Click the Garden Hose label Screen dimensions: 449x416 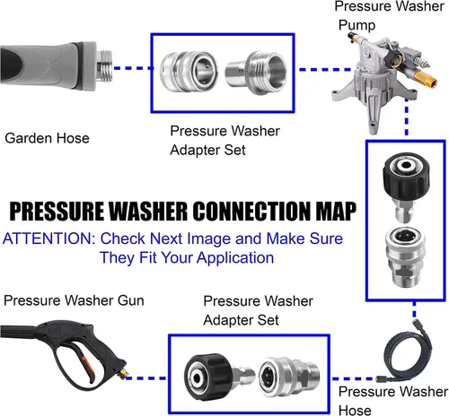[47, 138]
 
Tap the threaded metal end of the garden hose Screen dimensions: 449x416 [104, 67]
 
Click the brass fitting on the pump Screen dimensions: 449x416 [427, 81]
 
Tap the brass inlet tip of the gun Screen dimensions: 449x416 [123, 374]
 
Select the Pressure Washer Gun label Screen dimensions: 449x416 [74, 300]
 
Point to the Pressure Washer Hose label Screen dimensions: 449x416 [393, 401]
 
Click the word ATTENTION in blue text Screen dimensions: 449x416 [48, 238]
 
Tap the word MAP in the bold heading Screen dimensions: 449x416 [336, 212]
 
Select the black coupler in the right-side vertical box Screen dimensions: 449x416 [406, 186]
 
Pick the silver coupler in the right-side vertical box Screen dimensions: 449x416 [406, 257]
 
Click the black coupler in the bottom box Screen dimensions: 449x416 [219, 377]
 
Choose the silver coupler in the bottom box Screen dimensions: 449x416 [289, 377]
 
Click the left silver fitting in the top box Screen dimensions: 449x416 [189, 73]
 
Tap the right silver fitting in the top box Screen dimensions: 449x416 [256, 73]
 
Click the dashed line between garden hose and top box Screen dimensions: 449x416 [132, 68]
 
